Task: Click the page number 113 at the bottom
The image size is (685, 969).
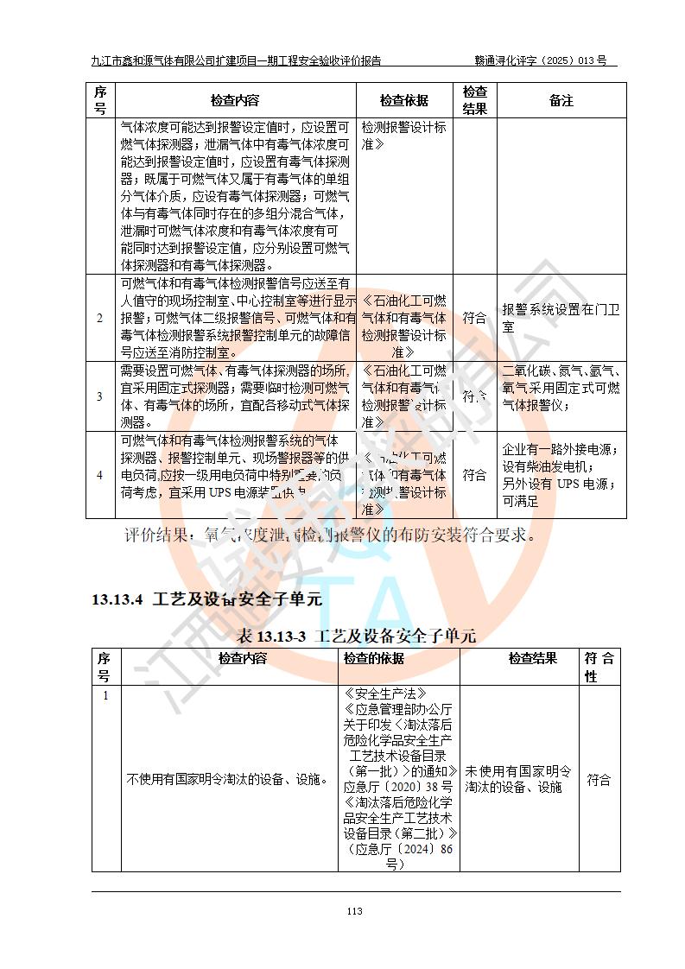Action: click(353, 911)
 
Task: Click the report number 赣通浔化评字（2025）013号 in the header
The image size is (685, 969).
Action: click(540, 60)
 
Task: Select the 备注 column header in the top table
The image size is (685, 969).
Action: click(561, 101)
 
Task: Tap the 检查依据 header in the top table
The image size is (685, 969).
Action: click(404, 101)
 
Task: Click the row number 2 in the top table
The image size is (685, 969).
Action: click(99, 318)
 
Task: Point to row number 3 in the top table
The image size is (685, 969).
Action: click(99, 396)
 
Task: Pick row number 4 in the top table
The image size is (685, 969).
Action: click(99, 475)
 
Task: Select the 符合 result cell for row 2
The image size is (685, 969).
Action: click(474, 318)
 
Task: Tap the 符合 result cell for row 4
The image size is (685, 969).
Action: click(474, 475)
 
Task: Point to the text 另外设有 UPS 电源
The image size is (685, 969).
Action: click(557, 484)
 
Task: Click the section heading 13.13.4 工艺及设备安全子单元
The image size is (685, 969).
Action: click(206, 599)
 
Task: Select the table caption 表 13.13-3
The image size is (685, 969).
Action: click(355, 636)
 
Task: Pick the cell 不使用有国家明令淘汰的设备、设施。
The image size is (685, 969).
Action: click(227, 780)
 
